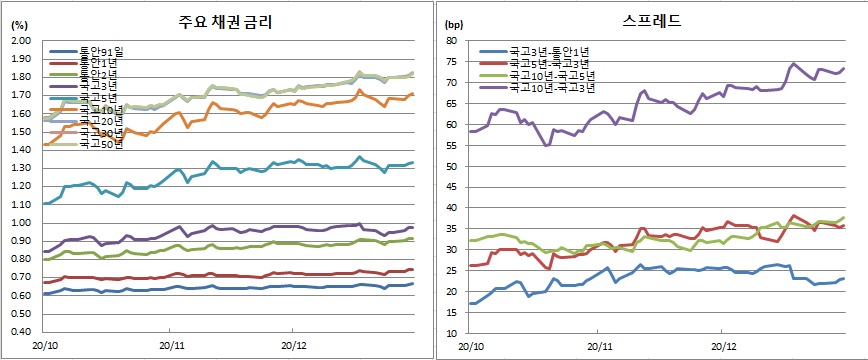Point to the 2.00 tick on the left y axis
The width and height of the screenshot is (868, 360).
[20, 41]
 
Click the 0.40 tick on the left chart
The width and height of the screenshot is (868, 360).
[20, 331]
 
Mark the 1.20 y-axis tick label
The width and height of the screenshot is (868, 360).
[20, 186]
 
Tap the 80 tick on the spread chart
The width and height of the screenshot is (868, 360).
[451, 41]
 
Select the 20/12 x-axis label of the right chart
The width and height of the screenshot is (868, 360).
[723, 346]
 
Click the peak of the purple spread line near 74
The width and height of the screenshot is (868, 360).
[794, 64]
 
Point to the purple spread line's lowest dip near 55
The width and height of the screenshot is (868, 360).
[546, 145]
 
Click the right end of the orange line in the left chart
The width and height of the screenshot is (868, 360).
[413, 94]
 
